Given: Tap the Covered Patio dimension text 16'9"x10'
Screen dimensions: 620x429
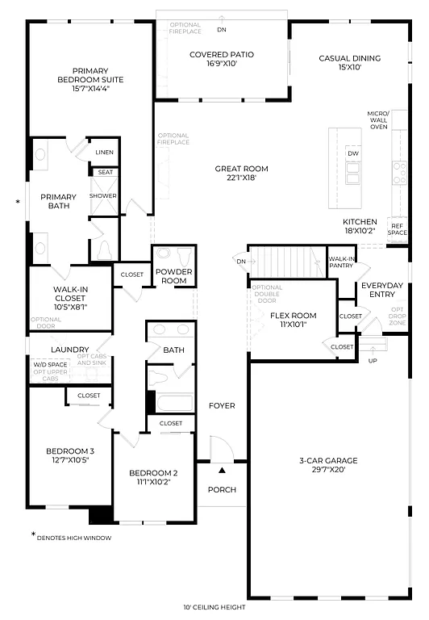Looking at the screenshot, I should coord(221,64).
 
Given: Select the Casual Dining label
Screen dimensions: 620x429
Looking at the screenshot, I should coord(349,58).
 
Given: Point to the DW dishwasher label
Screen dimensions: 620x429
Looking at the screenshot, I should coord(352,153).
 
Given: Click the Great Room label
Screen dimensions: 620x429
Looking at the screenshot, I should coord(241,169).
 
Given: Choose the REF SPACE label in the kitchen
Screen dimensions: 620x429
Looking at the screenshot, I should coord(397,228).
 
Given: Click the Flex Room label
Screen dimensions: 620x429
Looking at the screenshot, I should coord(293,316).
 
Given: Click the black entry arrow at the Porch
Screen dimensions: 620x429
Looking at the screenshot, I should coord(222,469).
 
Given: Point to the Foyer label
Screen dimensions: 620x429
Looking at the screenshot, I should coord(222,405).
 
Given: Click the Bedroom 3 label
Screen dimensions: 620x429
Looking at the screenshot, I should coord(69,451).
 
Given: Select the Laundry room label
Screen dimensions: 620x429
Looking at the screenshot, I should coord(69,350).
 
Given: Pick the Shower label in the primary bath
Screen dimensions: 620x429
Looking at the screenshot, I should coord(103,196).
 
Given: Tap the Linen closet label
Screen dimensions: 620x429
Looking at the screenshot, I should coord(104,152).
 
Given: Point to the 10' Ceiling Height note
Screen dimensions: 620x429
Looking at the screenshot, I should coord(214,607).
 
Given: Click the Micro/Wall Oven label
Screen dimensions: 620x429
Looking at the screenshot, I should coord(378,120).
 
